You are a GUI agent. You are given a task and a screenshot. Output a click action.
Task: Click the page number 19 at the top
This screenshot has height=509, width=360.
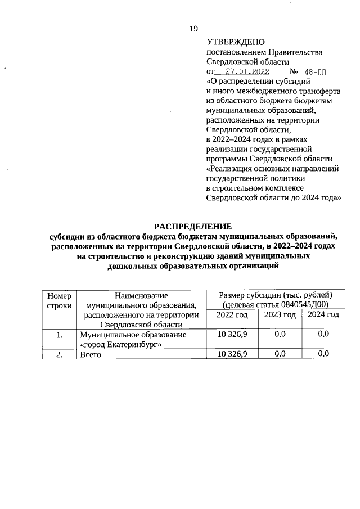click(x=194, y=29)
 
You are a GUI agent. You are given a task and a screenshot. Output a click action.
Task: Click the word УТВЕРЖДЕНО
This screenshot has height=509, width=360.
click(x=233, y=42)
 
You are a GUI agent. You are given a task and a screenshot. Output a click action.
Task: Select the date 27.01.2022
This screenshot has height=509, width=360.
click(x=247, y=72)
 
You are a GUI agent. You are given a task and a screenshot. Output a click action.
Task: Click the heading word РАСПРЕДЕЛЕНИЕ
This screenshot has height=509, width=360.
click(x=193, y=227)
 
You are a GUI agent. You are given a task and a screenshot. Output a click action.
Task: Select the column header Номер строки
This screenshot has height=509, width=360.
click(x=59, y=300)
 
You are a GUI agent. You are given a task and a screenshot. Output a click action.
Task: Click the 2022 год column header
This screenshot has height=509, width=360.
click(x=232, y=314)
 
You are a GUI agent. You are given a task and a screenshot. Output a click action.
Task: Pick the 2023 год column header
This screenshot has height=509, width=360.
click(x=280, y=314)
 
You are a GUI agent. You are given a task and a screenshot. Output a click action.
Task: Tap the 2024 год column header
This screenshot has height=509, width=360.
click(x=323, y=314)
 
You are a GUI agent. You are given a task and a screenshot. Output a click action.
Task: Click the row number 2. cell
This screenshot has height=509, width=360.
click(x=59, y=354)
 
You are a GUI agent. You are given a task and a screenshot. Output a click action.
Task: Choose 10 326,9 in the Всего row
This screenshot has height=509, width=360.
click(x=232, y=354)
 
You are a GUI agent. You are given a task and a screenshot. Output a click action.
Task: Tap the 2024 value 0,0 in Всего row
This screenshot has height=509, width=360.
click(x=323, y=354)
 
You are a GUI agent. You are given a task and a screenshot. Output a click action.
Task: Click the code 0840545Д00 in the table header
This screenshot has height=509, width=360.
click(x=302, y=305)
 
